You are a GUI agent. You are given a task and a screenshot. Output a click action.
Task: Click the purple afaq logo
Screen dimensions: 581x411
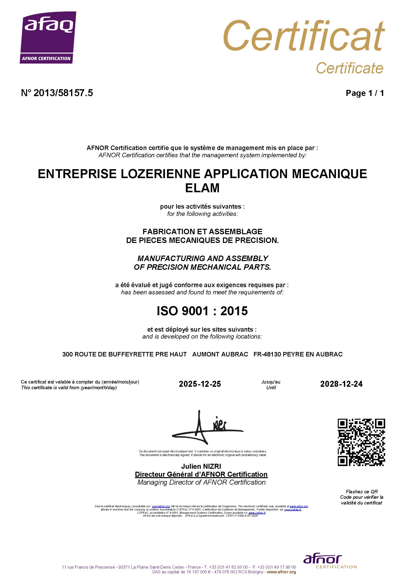coord(48,37)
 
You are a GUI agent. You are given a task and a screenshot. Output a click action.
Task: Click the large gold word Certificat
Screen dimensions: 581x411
coord(304,36)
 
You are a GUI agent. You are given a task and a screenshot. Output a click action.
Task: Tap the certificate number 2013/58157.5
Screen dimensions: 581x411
coord(63,93)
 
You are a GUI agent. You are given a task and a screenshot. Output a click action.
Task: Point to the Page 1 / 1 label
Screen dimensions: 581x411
coord(365,93)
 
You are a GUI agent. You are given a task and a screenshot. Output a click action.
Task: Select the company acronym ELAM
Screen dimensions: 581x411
coord(202,188)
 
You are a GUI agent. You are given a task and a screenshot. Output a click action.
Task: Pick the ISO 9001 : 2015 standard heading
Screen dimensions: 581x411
coord(202,311)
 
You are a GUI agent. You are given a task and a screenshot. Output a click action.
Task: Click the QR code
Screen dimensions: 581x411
coord(361,442)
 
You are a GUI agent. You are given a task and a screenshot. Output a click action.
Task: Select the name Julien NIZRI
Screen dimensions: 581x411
coord(201,466)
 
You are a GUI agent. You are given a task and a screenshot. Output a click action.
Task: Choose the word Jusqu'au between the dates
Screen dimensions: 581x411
coord(271,382)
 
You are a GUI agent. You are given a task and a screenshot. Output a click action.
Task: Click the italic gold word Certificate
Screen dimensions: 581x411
coord(350,68)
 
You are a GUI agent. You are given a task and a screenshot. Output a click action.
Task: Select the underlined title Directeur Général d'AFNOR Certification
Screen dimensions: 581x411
coord(201,474)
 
